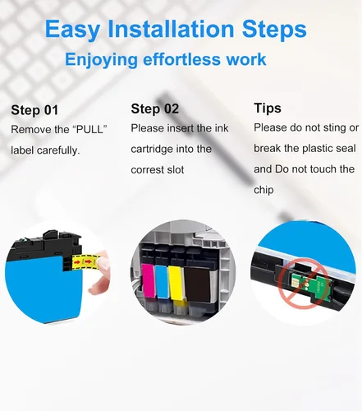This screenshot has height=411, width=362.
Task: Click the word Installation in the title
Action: click(171, 29)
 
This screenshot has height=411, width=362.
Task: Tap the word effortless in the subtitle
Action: click(181, 59)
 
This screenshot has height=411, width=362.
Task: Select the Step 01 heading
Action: click(34, 110)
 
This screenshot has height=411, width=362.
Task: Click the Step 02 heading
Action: click(154, 109)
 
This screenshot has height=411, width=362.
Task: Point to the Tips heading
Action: click(268, 108)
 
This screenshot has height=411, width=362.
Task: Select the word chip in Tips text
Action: click(263, 190)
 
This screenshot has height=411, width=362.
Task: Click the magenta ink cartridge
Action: click(148, 280)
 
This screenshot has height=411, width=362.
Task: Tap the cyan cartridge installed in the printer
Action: click(162, 282)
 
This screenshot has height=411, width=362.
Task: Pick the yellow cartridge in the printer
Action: click(176, 283)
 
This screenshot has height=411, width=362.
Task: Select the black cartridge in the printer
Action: click(197, 284)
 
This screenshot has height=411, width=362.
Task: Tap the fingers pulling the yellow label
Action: click(100, 271)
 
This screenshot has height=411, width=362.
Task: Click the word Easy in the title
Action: click(72, 30)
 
